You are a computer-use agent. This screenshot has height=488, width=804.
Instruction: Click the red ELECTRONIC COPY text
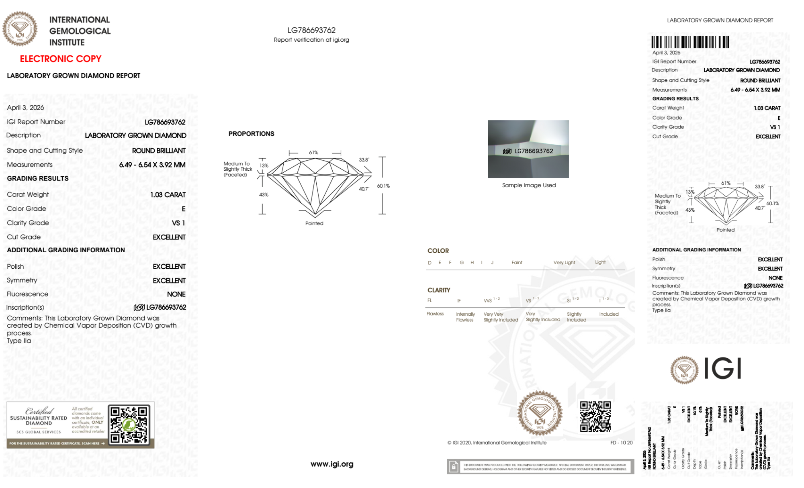point(61,59)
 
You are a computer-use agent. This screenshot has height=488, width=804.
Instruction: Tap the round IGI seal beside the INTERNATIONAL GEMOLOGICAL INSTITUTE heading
point(20,29)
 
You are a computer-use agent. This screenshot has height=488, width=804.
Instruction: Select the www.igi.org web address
point(332,464)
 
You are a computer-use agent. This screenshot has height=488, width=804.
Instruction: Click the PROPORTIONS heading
point(251,134)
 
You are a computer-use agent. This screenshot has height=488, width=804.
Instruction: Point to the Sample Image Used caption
point(529,185)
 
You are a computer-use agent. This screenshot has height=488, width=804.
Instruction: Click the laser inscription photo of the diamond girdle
point(528,149)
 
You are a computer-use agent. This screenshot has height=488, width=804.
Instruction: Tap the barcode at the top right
point(690,42)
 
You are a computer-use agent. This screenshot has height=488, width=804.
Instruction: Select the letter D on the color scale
point(430,263)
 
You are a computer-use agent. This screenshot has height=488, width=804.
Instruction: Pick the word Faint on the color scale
point(517,263)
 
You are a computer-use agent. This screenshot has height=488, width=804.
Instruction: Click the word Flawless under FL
point(435,314)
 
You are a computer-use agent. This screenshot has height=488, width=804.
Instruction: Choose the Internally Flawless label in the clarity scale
point(465,317)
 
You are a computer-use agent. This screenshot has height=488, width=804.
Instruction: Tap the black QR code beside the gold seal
point(595,417)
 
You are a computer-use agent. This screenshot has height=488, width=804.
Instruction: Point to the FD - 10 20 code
point(621,443)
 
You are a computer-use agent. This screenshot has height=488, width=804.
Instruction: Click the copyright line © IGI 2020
point(497,443)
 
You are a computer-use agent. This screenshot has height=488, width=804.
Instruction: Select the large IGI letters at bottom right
point(723,369)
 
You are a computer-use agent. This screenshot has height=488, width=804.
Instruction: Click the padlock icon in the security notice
point(454,467)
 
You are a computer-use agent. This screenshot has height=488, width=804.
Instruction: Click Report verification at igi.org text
point(311,40)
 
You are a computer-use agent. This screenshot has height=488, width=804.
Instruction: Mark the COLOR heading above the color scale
point(438,251)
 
